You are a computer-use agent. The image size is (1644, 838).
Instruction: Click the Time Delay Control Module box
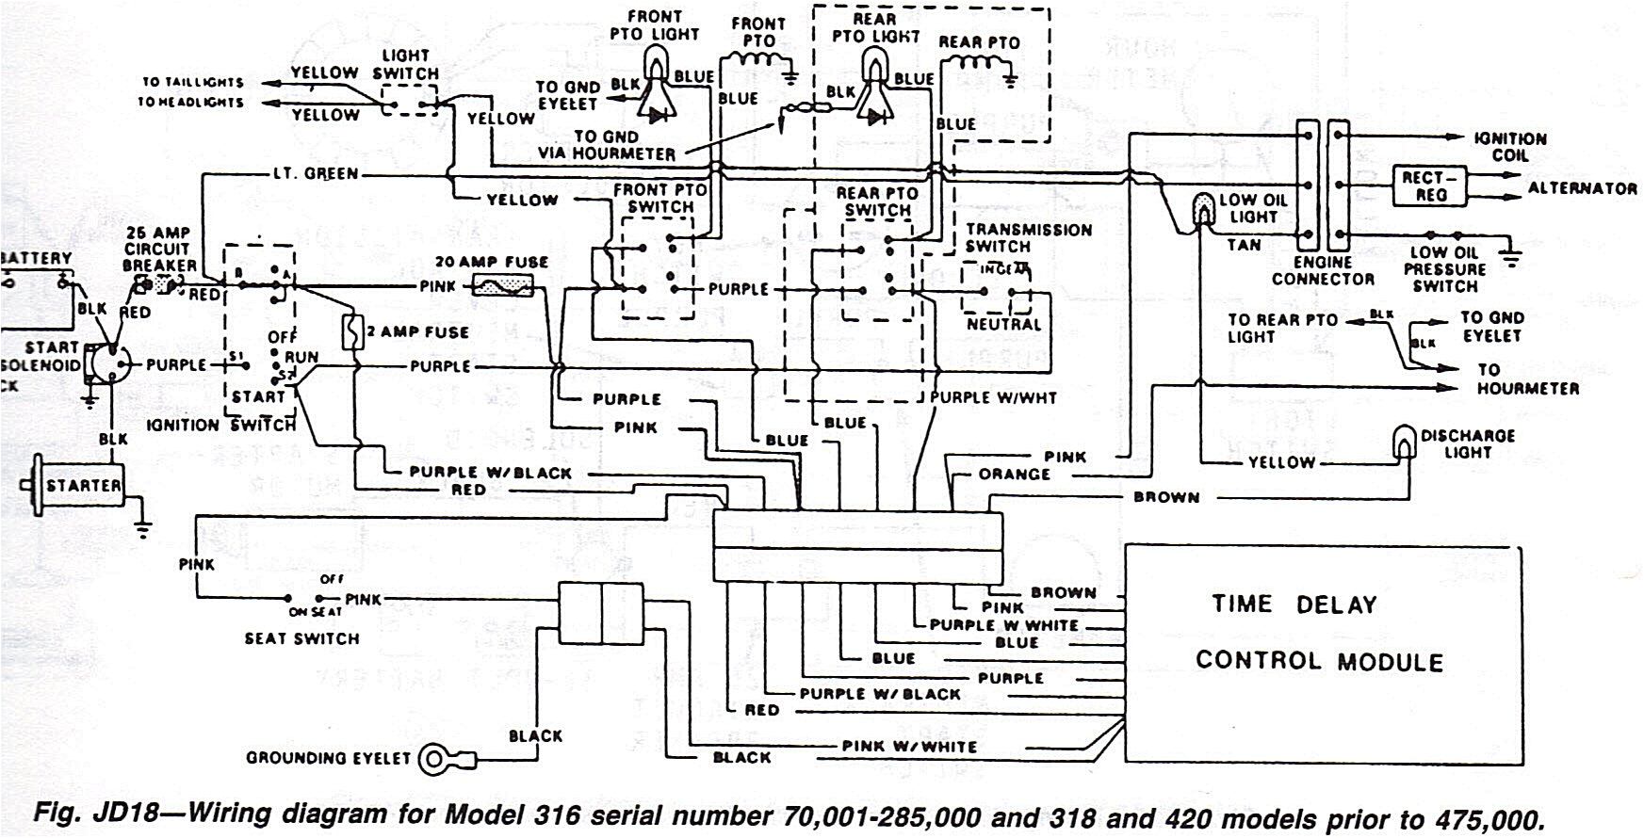1323,653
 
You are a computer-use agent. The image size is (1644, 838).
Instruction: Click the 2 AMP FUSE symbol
353,333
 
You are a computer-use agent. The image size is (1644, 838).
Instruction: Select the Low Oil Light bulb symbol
1204,208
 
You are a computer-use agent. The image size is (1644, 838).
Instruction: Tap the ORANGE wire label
1014,475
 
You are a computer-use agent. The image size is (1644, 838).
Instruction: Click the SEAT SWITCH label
301,638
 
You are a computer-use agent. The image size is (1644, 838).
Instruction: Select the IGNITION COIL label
1510,147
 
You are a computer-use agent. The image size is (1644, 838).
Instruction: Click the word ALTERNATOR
1582,188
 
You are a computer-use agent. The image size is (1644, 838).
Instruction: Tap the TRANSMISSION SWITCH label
1028,237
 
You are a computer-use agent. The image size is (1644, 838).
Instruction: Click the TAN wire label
1244,245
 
